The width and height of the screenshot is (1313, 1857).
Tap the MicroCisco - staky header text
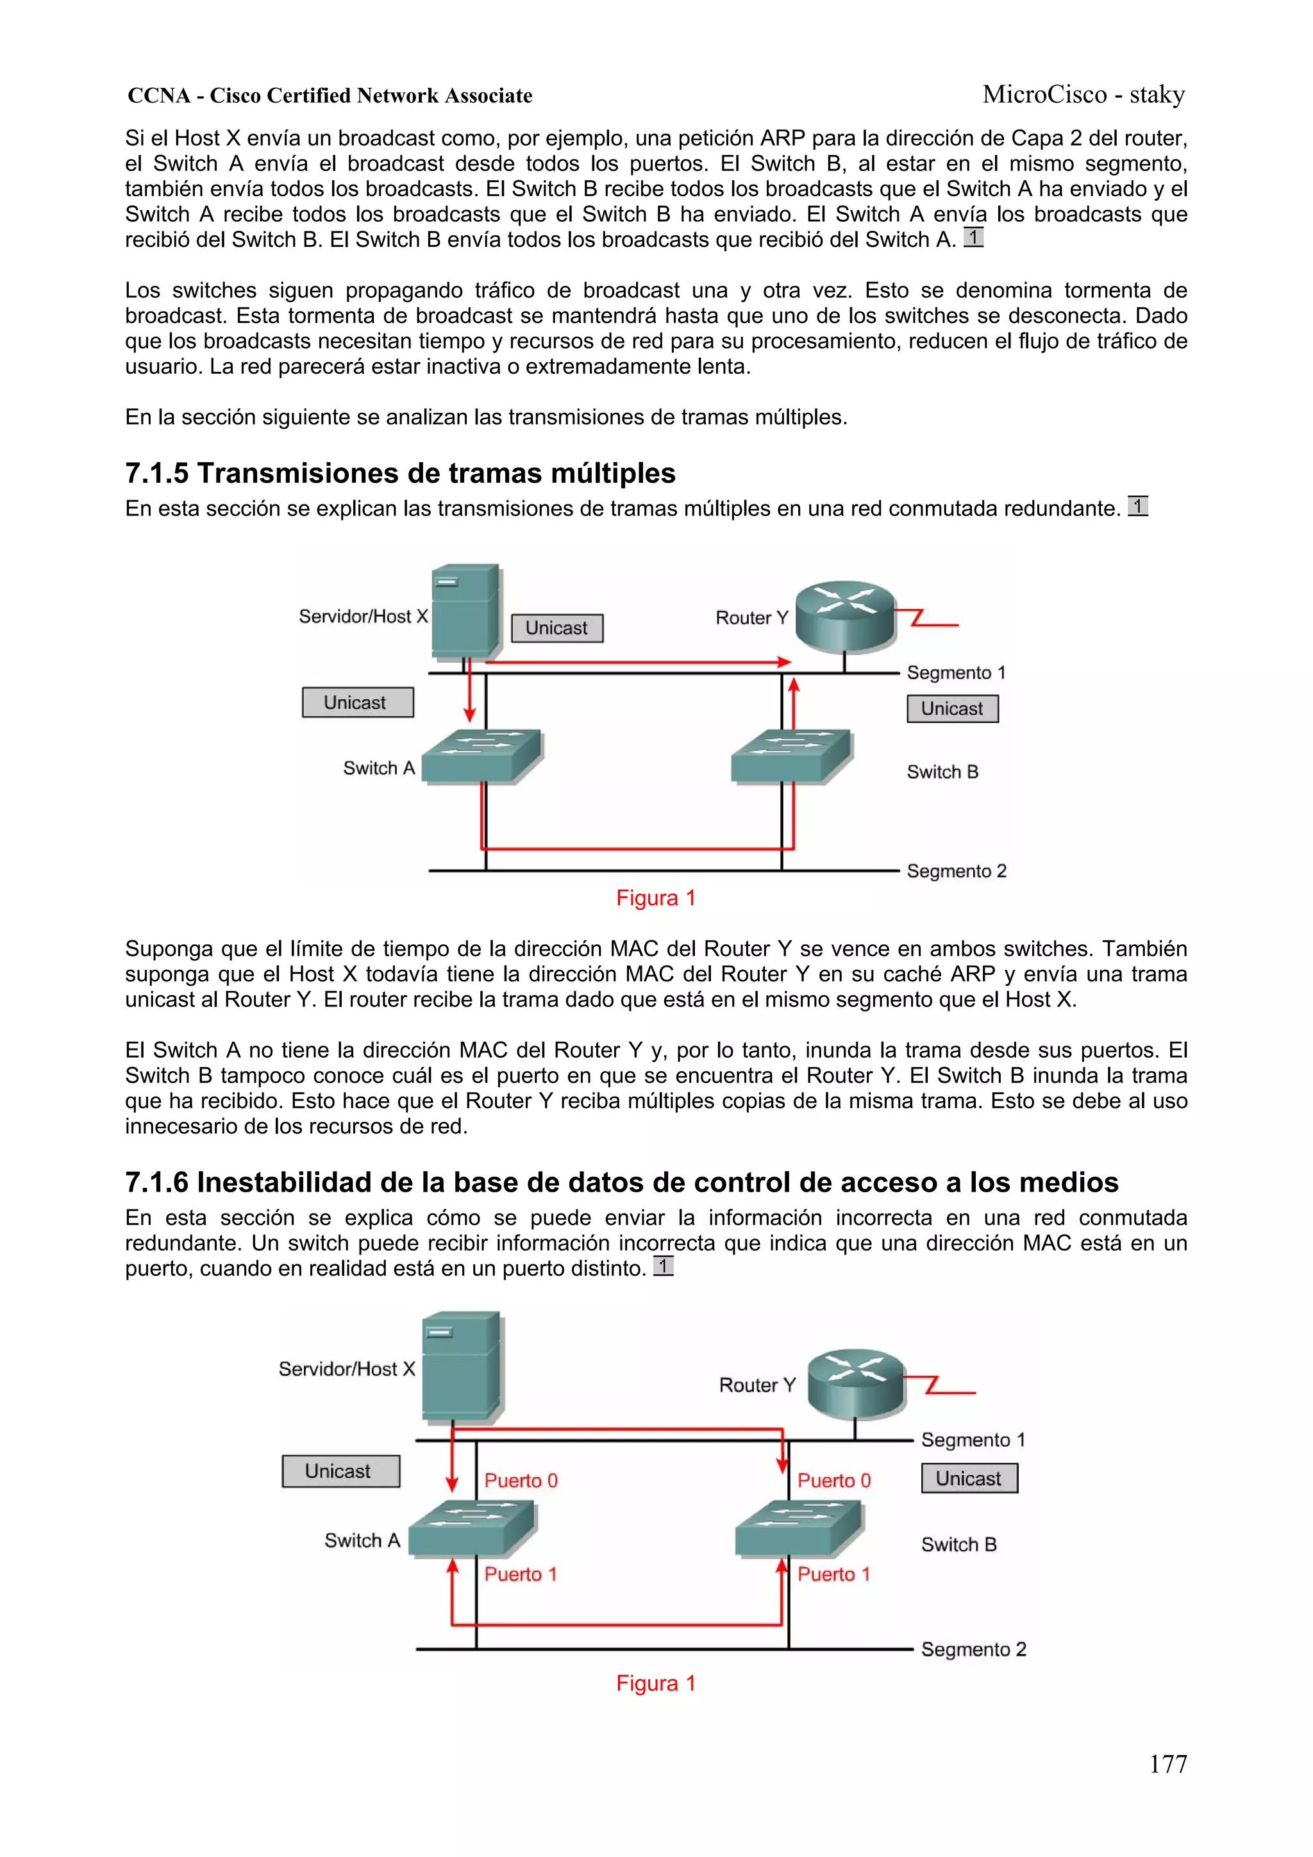click(1083, 95)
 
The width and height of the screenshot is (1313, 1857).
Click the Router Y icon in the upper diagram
click(846, 616)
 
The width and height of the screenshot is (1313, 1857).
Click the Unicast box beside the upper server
click(557, 628)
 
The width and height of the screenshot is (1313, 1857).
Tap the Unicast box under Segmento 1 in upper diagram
click(952, 708)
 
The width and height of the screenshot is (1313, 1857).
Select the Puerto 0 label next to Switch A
click(521, 1480)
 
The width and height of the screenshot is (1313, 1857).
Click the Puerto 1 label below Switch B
click(833, 1574)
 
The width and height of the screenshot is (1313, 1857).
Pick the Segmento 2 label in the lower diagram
click(973, 1649)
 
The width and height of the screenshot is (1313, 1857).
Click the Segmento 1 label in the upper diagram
click(955, 673)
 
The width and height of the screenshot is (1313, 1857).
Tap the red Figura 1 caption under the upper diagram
click(655, 898)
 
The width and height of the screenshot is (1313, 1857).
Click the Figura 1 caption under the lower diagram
click(655, 1683)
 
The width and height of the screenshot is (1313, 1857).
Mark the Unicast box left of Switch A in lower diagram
click(340, 1471)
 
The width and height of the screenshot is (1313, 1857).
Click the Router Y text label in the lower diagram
click(757, 1385)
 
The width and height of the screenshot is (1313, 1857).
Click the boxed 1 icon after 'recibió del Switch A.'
click(973, 238)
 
